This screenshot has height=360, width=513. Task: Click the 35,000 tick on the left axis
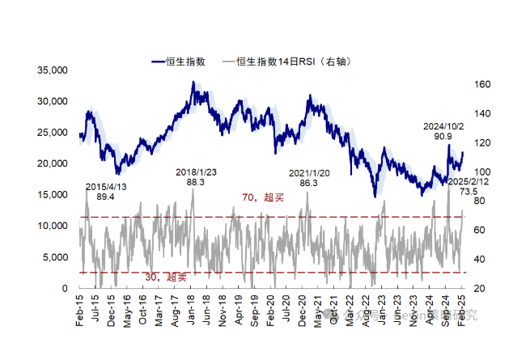click(51, 70)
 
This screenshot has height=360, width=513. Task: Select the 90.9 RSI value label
click(443, 138)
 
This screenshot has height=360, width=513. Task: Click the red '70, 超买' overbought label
click(259, 197)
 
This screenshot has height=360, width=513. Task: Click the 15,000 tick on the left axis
click(51, 195)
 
